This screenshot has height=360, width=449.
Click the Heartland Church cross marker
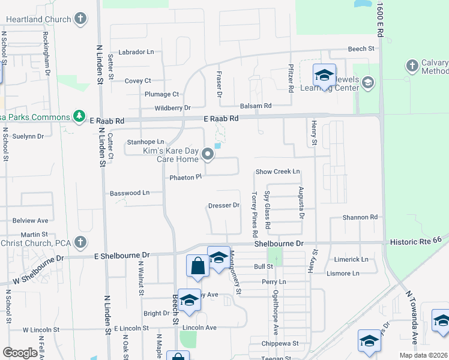[81, 19]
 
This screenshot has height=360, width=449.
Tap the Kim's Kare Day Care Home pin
[208, 155]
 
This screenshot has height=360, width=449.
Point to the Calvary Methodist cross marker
[412, 65]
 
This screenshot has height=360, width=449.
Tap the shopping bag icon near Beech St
[197, 265]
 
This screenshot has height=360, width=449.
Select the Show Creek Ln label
[277, 172]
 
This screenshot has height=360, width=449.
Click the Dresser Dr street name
[224, 205]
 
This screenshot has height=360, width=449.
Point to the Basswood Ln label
[129, 193]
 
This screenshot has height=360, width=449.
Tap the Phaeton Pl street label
[185, 178]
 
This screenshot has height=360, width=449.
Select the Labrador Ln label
[136, 52]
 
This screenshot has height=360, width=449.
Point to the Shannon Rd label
[360, 217]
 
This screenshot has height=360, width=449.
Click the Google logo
[20, 353]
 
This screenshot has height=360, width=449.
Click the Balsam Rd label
[256, 106]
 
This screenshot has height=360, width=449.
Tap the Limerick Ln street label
[351, 259]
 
